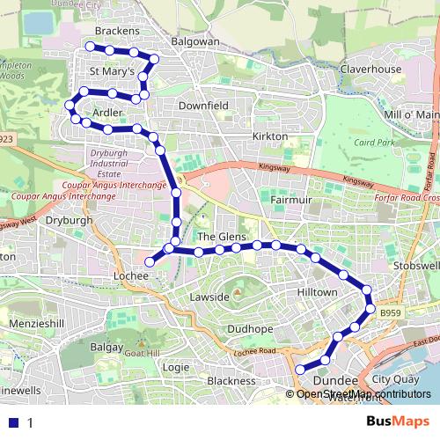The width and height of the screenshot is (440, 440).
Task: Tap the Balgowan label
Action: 196,40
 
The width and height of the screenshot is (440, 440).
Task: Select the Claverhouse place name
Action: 370,70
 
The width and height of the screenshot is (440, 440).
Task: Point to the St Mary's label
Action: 112,70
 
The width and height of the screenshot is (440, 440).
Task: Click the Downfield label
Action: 203,105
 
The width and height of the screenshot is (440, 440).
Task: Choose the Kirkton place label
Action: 269,137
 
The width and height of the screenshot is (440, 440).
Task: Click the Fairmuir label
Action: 287,201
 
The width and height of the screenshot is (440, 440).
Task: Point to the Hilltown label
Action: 317,292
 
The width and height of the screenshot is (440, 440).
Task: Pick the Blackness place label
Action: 231,381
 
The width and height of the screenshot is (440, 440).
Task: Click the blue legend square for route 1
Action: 12,422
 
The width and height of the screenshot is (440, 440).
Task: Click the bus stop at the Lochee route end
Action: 150,261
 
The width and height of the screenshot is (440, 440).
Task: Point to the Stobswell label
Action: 418,266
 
